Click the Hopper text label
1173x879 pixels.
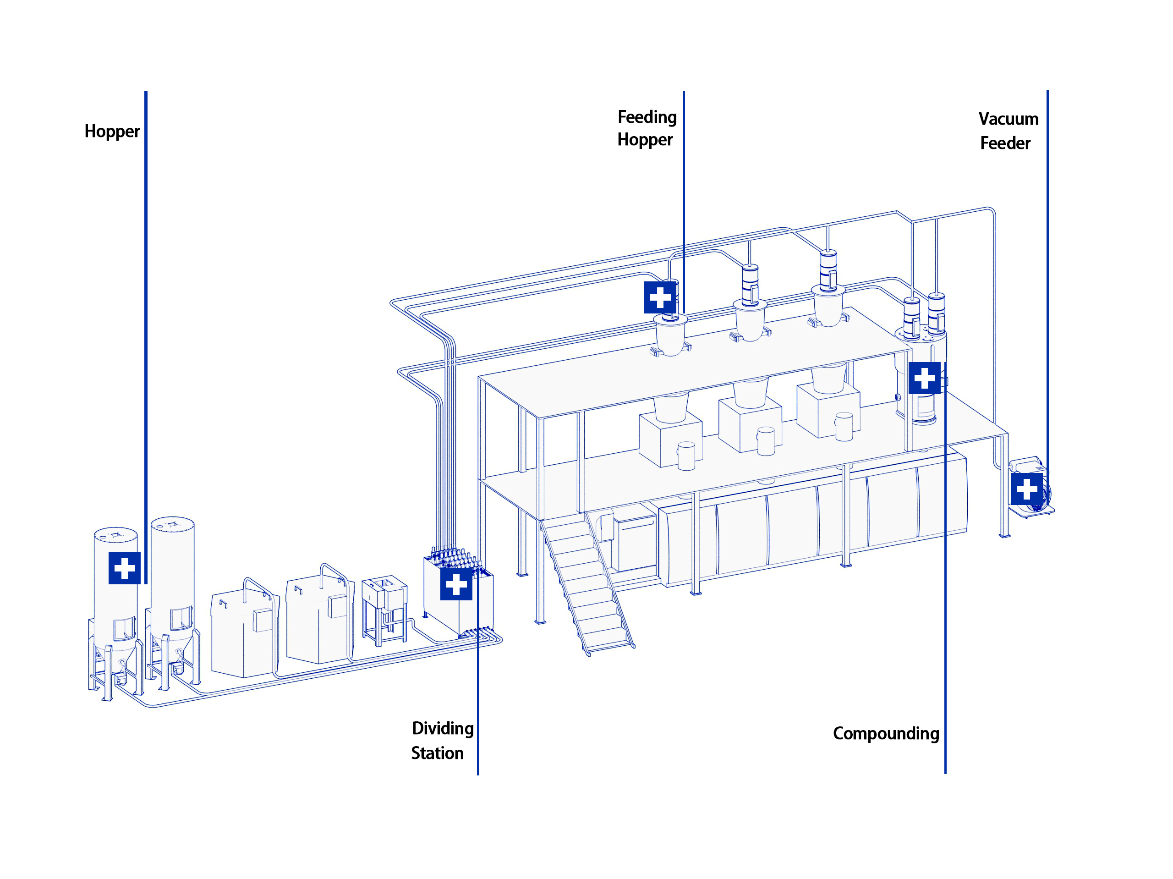112,131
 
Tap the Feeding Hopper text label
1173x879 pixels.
647,128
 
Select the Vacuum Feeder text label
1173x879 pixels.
1008,131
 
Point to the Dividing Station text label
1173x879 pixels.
442,740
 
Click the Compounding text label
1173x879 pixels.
886,733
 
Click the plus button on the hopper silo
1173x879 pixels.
125,568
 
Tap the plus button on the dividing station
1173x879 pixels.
456,585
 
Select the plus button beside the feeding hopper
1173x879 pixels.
660,297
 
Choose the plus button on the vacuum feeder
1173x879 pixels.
1026,489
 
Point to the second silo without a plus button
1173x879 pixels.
172,573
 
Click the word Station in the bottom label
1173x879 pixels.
437,753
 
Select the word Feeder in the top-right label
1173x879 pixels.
1005,143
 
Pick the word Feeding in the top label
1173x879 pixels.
647,117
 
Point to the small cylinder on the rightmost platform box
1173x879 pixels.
844,427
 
